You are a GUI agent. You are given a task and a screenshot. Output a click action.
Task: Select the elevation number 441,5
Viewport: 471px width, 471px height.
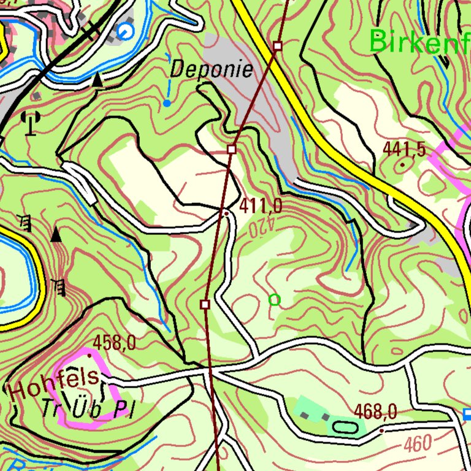pos(404,148)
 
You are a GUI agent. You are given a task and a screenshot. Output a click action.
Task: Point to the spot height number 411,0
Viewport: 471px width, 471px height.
pos(261,206)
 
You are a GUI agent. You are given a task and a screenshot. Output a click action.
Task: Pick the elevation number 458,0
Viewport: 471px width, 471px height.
pos(114,343)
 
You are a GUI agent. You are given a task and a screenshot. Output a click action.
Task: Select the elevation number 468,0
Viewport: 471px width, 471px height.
pos(375,412)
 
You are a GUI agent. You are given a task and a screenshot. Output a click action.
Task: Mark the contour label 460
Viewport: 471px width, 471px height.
pos(418,443)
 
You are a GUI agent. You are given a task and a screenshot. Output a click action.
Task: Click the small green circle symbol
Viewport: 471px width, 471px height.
pos(274,300)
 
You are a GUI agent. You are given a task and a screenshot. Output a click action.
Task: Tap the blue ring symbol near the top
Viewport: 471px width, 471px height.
pos(126,31)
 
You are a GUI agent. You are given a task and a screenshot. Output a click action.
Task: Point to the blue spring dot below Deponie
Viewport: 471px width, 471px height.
pos(166,103)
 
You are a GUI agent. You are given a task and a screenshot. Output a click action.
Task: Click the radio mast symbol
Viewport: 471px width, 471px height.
pos(29,123)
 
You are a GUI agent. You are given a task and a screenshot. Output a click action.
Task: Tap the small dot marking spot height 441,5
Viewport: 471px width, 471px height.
pos(402,164)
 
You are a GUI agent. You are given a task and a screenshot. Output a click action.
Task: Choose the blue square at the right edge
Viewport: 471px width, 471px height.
pos(467,415)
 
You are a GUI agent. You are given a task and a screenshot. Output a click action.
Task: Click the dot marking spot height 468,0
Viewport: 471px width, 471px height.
pos(381,431)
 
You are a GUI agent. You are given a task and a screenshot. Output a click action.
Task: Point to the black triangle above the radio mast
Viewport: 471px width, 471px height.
pos(98,79)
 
